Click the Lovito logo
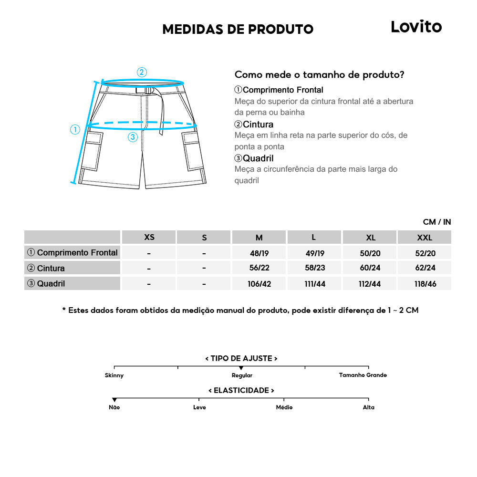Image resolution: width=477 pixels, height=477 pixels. [x=416, y=27]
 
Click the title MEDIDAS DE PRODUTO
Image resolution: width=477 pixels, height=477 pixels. [x=238, y=30]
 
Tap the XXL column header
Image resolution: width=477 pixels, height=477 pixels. [x=424, y=238]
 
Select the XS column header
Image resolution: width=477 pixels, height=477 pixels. [x=149, y=238]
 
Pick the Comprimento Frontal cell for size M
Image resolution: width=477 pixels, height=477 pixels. [x=259, y=253]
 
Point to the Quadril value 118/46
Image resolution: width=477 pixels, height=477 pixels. [x=424, y=284]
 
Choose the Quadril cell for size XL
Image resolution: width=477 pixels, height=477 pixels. [x=370, y=284]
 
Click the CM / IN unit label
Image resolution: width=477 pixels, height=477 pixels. [x=436, y=222]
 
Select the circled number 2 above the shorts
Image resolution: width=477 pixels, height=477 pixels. [x=142, y=73]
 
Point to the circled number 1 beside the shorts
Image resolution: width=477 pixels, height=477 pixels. [x=75, y=129]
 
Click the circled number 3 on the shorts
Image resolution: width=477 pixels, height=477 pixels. [x=133, y=137]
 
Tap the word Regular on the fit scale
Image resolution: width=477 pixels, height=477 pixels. [x=242, y=375]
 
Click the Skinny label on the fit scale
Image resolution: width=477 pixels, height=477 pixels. [x=114, y=375]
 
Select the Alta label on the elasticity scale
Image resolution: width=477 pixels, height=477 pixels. [x=368, y=407]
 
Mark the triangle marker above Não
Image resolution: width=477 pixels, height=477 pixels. [x=114, y=400]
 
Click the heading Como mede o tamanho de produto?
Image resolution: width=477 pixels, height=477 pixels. [x=320, y=75]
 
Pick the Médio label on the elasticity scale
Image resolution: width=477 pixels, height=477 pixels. [x=284, y=407]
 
